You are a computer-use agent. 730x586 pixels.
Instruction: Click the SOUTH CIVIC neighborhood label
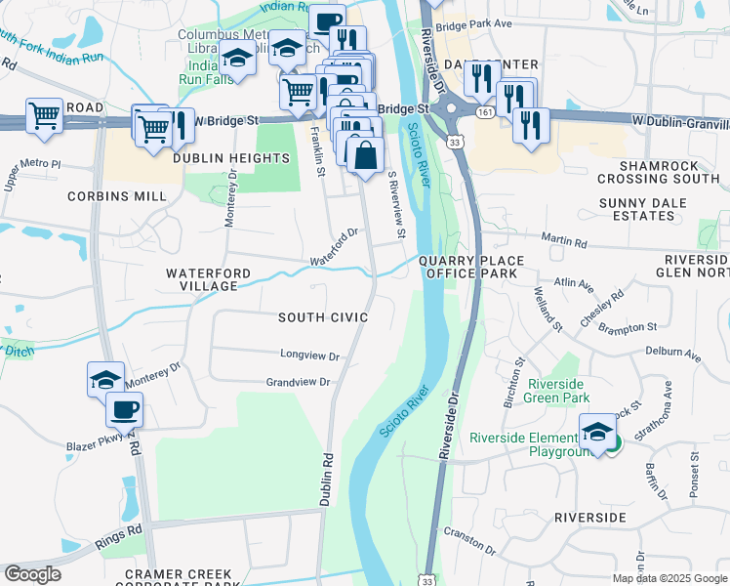(x=323, y=317)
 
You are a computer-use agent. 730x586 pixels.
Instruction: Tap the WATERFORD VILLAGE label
(x=208, y=279)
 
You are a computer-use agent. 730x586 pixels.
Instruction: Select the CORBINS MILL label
(x=117, y=196)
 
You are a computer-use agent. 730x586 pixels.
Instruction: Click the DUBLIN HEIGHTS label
(x=231, y=158)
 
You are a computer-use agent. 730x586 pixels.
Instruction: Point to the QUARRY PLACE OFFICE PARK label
(x=472, y=268)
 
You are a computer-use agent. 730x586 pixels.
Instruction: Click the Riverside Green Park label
(x=556, y=392)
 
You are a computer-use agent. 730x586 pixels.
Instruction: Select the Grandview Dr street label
(x=299, y=383)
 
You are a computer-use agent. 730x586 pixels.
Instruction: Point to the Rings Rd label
(x=119, y=537)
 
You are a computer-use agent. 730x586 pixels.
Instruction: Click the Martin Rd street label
(x=566, y=242)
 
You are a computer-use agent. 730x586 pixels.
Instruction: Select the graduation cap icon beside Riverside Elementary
(x=598, y=432)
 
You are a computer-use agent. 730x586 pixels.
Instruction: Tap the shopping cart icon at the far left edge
(x=45, y=115)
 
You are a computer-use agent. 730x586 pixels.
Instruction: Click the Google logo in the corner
(x=32, y=574)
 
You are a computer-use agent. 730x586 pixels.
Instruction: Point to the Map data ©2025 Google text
(x=669, y=578)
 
